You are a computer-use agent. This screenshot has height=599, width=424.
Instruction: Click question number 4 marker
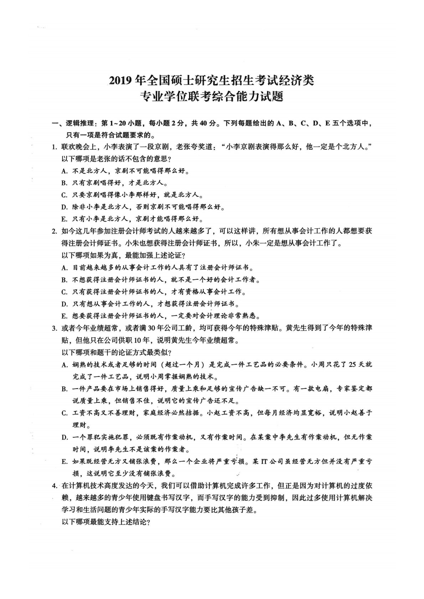pyautogui.click(x=55, y=486)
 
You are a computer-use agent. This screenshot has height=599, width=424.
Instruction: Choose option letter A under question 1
pyautogui.click(x=64, y=171)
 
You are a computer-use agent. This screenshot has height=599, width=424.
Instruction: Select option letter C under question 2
pyautogui.click(x=64, y=292)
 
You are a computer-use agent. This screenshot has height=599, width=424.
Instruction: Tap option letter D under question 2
pyautogui.click(x=64, y=304)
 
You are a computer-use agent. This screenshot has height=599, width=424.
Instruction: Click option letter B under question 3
pyautogui.click(x=64, y=389)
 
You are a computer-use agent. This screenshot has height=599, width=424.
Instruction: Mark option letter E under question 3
pyautogui.click(x=64, y=462)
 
